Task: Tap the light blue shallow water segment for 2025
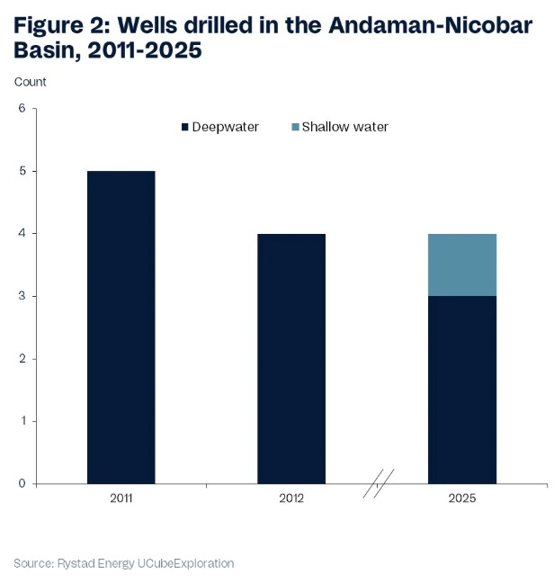click(x=462, y=265)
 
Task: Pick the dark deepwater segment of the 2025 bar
click(x=462, y=390)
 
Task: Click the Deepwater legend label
click(x=225, y=127)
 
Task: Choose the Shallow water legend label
click(x=344, y=127)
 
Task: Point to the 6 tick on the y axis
click(x=22, y=109)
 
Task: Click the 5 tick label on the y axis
click(x=22, y=171)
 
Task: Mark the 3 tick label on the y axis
click(x=22, y=296)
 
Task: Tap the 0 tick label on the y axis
click(x=22, y=483)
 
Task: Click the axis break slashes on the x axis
click(x=379, y=483)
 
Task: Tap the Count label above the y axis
click(x=30, y=82)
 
